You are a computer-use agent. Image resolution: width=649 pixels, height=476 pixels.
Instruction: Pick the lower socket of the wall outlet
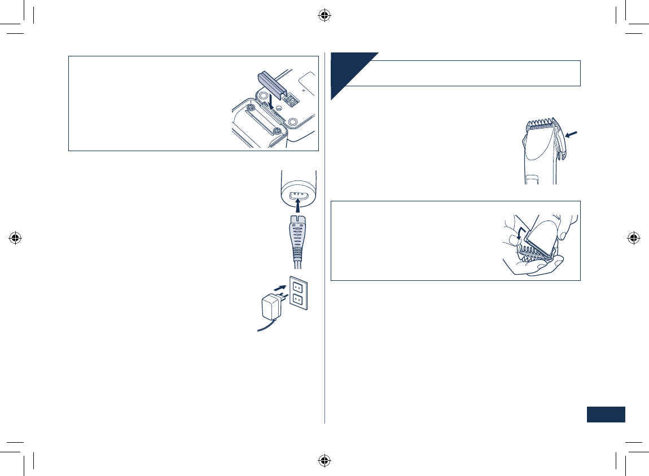[299, 301]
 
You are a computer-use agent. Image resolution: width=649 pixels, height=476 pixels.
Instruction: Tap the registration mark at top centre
[324, 15]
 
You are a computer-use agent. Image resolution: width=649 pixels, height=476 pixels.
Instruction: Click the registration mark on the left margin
[16, 238]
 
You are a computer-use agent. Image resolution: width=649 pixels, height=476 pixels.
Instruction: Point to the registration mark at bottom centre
[324, 461]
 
